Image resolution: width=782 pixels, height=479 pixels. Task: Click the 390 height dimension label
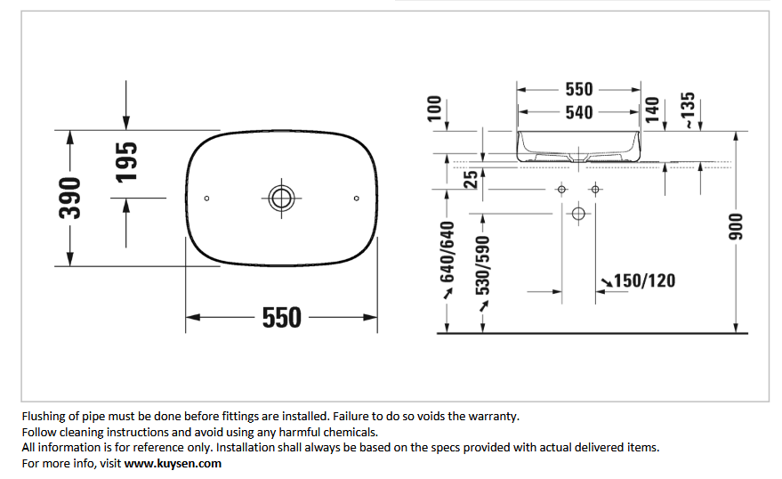(69, 198)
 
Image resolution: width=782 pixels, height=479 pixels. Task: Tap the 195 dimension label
(126, 162)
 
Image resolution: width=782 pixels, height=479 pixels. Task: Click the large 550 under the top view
(282, 318)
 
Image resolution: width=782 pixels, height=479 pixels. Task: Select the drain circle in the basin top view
(281, 198)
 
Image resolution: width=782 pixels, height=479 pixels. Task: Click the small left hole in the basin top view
(207, 199)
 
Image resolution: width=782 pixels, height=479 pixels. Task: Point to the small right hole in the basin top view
(356, 199)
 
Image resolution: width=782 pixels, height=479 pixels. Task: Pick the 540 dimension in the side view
(579, 112)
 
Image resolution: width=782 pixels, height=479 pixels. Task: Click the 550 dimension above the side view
(579, 89)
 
